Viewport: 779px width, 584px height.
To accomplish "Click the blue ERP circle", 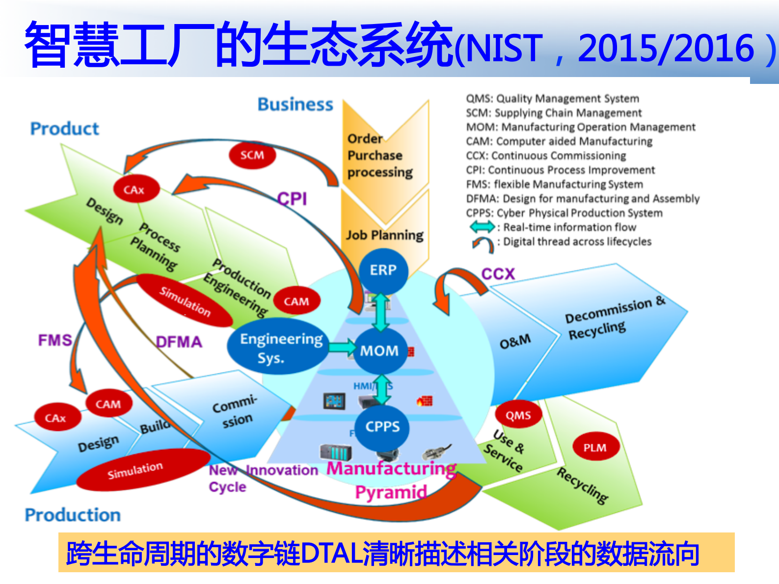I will [x=383, y=270].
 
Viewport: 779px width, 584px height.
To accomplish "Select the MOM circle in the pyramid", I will [x=379, y=350].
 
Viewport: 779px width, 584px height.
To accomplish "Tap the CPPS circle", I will [x=382, y=427].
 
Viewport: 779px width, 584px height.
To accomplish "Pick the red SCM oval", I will [x=252, y=155].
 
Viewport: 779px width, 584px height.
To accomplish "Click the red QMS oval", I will [x=518, y=416].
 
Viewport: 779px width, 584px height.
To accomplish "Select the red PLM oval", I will [x=595, y=447].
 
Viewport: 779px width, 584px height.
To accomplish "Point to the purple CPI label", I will [x=292, y=199].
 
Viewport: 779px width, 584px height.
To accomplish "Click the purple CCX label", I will [x=498, y=274].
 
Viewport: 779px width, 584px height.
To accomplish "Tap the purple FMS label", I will [x=55, y=340].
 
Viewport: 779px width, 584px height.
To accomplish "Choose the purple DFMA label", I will [x=179, y=342].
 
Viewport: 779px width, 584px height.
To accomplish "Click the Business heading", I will [x=295, y=105].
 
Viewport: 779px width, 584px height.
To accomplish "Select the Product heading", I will [x=65, y=129].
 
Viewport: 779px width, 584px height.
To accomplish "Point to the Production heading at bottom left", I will [x=73, y=515].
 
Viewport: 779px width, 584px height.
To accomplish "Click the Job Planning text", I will [x=385, y=235].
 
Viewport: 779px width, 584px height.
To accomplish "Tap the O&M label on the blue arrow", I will [x=515, y=341].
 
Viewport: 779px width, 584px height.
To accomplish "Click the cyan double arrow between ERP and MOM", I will [x=380, y=312].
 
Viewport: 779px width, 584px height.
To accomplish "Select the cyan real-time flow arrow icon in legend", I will [x=483, y=227].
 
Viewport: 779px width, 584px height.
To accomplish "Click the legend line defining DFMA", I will [x=583, y=199].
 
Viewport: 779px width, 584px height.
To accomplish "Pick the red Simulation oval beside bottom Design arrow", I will [x=135, y=470].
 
